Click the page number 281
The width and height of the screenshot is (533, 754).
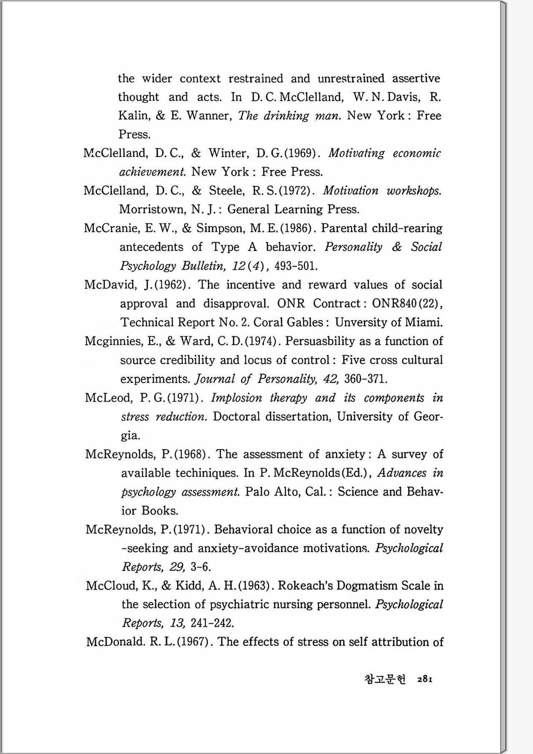424,679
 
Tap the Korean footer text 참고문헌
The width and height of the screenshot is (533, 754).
385,679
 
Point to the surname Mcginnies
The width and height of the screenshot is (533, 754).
112,342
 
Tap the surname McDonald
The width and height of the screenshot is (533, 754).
115,642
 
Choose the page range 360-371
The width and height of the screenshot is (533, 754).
366,379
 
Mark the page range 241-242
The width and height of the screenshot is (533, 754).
212,623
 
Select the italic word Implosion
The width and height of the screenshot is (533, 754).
236,397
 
